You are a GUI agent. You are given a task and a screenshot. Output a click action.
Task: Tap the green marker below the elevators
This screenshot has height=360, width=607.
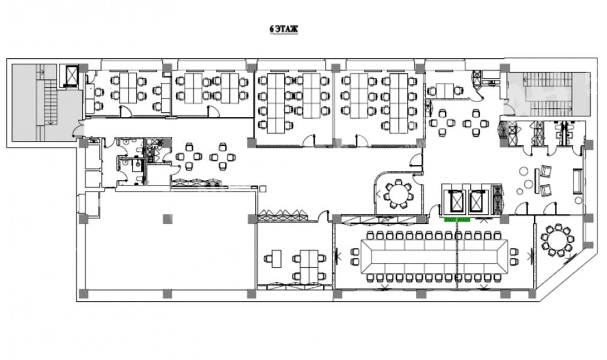coord(456,220)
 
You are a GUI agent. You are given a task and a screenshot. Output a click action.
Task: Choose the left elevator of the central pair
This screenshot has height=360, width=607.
coord(454,200)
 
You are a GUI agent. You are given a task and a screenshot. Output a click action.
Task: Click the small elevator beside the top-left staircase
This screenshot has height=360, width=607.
coord(72,75)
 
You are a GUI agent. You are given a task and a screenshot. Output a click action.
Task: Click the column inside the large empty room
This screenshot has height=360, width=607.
coord(166,218)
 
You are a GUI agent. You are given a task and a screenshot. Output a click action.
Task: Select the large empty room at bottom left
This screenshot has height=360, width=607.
coord(165,252)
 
